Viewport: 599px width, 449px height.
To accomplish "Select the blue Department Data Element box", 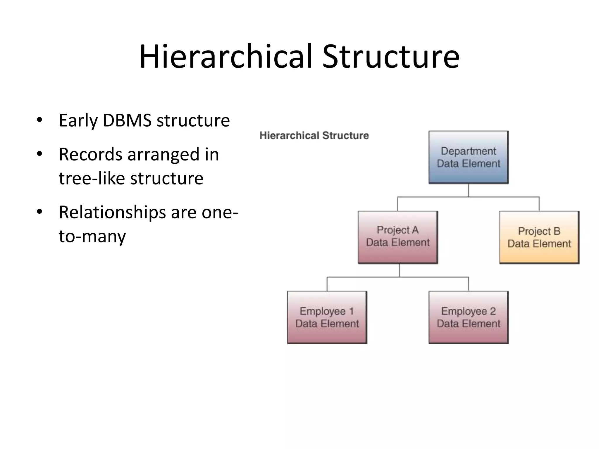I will [x=468, y=157].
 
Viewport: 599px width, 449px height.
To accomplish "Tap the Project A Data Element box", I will [x=398, y=237].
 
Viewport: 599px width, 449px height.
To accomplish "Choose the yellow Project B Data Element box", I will [x=539, y=237].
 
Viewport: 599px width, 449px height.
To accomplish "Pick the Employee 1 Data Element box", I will [x=327, y=317].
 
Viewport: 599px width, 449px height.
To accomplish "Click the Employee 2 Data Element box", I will [x=468, y=317].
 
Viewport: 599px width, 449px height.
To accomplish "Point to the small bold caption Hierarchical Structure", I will [x=314, y=136].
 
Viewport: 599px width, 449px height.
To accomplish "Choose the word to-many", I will [x=92, y=236].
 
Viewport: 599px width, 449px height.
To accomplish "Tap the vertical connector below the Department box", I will [x=468, y=190].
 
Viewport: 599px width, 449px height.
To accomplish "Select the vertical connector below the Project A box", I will [x=399, y=270].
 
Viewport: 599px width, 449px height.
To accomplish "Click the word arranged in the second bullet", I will [x=163, y=155].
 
